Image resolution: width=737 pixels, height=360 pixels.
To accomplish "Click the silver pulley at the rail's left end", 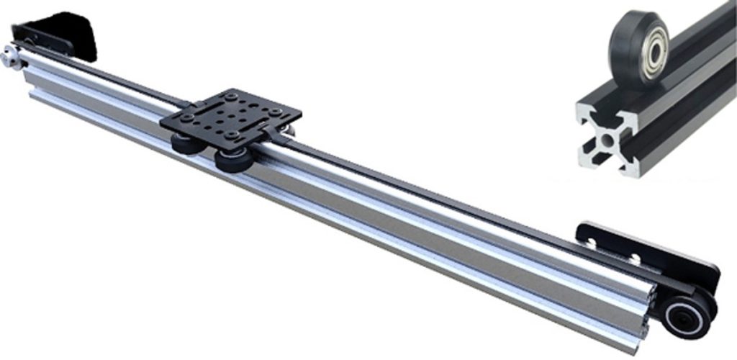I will click(11, 57).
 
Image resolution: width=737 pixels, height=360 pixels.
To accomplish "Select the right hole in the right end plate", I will click(636, 257).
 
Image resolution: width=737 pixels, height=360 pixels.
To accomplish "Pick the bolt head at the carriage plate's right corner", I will click(275, 112).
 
